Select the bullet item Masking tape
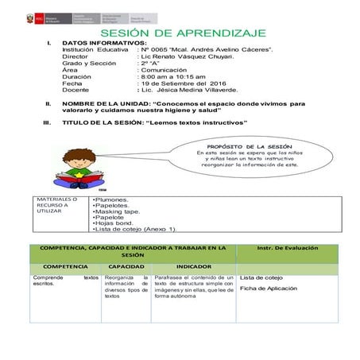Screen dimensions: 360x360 click(x=118, y=212)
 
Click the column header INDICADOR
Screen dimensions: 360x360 click(x=192, y=266)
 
